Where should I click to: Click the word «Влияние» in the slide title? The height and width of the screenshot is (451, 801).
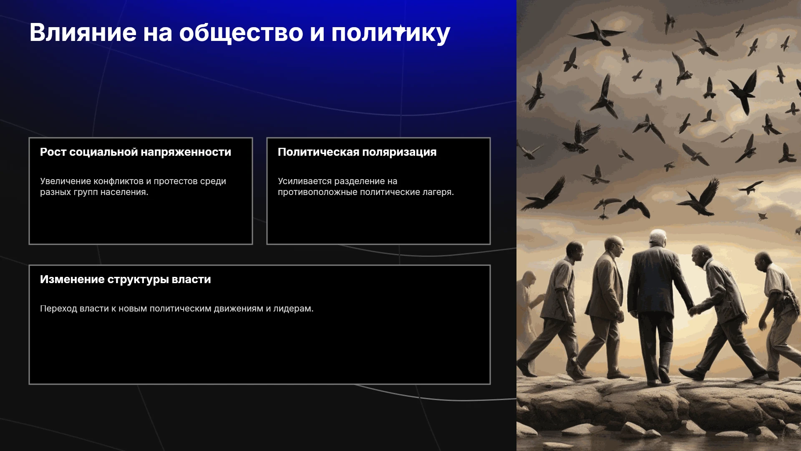coord(83,33)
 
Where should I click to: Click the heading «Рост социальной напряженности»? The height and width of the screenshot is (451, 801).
coord(136,152)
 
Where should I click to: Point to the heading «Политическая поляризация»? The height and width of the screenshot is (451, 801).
coord(357,152)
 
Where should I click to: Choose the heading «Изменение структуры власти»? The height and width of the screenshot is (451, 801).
coord(126,279)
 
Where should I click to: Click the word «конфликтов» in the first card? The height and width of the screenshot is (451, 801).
coord(118,181)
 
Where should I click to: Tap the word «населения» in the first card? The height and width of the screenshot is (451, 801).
coord(128,192)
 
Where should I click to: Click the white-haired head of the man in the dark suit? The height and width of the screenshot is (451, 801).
coord(658,238)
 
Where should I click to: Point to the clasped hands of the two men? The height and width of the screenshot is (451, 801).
coord(694,310)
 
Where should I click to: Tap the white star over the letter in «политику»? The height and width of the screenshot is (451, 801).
coord(400,30)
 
